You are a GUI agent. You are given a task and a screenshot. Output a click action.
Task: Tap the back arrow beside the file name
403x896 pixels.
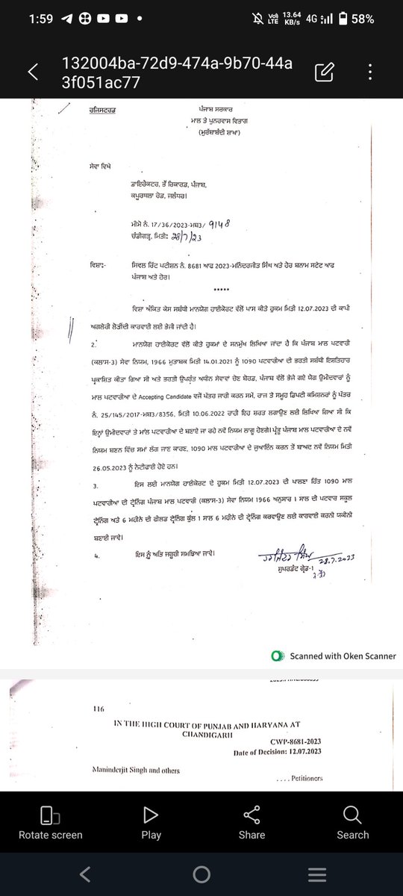(33, 72)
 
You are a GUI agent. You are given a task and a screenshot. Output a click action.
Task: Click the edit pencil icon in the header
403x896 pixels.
(324, 72)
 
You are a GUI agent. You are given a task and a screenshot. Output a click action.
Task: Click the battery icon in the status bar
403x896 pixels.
(342, 19)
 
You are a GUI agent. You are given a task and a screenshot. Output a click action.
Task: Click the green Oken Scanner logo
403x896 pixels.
(278, 656)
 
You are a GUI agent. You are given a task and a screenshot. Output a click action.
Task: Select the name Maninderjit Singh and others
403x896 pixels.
(137, 770)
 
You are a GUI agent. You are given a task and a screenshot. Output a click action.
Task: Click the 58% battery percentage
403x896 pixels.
(363, 19)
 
